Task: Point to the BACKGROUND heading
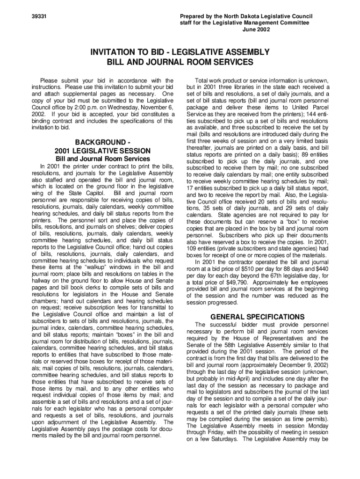click(x=100, y=142)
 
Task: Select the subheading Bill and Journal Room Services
click(x=102, y=159)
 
